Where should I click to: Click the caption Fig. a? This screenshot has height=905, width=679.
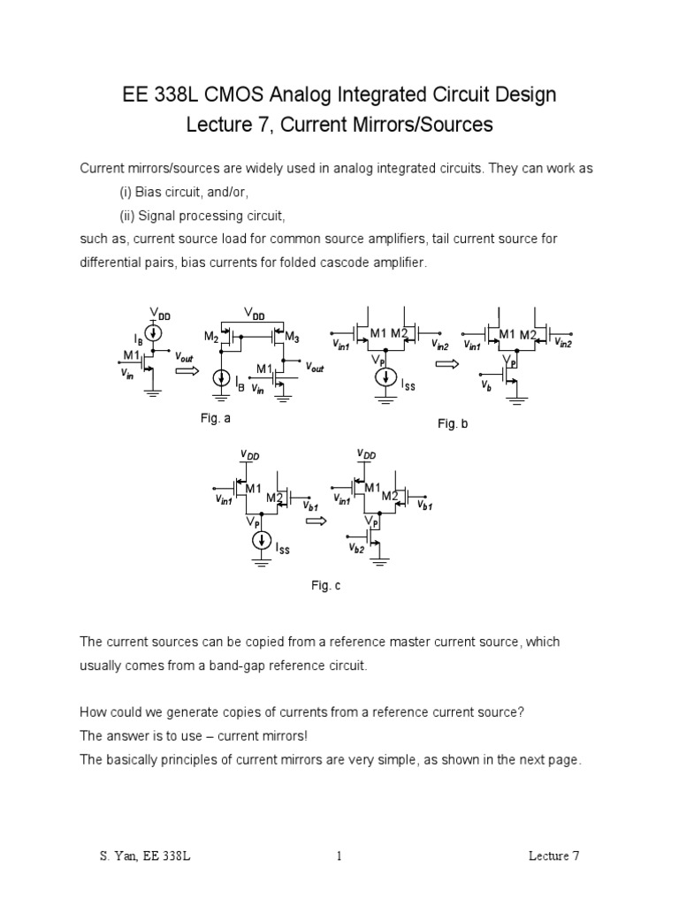coord(216,419)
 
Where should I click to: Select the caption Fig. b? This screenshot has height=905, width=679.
coord(452,424)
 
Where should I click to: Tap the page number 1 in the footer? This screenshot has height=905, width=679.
coord(339,856)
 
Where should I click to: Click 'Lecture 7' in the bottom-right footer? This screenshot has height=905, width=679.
coord(553,856)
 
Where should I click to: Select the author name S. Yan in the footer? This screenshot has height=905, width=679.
coord(117,856)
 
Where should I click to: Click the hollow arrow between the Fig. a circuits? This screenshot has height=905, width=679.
coord(186,371)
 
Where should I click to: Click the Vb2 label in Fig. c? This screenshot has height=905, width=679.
coord(357,549)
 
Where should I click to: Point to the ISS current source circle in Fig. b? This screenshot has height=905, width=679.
coord(385,377)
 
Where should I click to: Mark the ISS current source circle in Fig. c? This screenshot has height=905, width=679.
coord(262,540)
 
